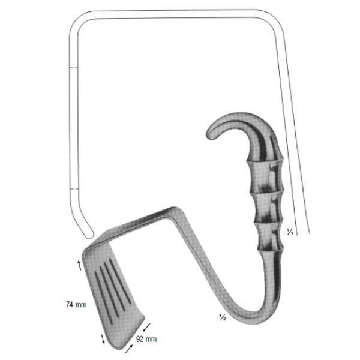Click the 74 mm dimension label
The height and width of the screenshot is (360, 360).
coord(76,305)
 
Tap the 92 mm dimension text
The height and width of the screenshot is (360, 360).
coord(146,339)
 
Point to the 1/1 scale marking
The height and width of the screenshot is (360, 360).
coord(290,232)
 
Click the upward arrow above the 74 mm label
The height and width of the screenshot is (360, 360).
coord(79,265)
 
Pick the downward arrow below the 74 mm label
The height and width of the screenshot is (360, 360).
coord(103,338)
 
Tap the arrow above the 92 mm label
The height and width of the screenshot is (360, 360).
coord(146,328)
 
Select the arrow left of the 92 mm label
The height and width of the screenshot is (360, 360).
coord(129,349)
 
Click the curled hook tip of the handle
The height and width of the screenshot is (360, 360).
coord(211,135)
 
